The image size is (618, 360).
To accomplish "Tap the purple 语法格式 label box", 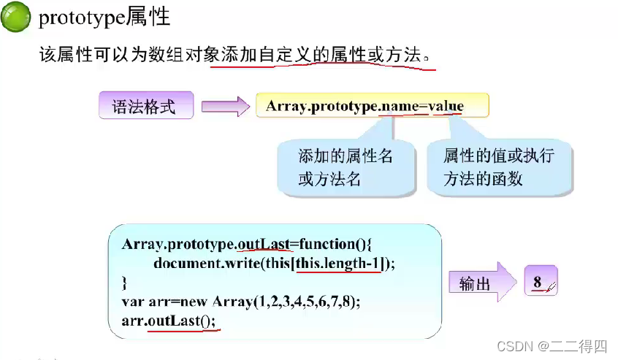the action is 145,107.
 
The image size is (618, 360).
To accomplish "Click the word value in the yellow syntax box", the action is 446,106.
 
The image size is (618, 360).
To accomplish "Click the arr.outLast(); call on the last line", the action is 169,320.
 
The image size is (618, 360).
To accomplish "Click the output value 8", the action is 538,281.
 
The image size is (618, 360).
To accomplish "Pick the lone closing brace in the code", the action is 125,281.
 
